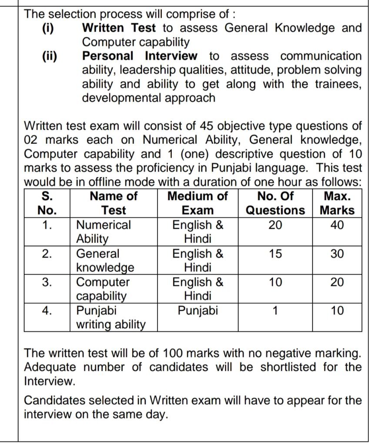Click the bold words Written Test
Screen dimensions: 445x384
coord(119,28)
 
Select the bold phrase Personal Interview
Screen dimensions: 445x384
coord(140,56)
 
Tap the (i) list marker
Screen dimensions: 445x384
coord(47,28)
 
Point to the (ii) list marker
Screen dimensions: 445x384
coord(49,56)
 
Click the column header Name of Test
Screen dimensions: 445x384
coord(113,203)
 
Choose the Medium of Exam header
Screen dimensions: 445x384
coord(197,203)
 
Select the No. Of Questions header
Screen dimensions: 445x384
coord(276,203)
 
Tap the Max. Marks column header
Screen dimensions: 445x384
coord(337,203)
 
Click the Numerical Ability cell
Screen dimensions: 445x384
coord(103,232)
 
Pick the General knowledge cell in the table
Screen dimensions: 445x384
coord(105,260)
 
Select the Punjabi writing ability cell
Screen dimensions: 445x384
coord(110,317)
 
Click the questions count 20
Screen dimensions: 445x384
coord(275,225)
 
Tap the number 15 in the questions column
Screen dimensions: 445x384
coord(275,254)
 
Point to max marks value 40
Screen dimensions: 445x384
coord(337,225)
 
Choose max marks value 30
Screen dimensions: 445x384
coord(337,254)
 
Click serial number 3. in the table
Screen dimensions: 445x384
coord(47,282)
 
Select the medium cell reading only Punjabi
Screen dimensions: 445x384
coord(198,311)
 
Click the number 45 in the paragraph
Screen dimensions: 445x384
coord(207,126)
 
